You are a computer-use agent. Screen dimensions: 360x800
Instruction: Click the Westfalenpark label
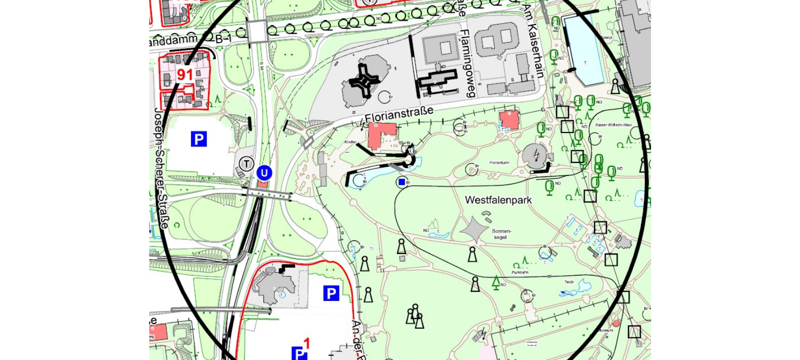tap(498, 200)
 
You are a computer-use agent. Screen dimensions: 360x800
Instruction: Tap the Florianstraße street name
tap(398, 114)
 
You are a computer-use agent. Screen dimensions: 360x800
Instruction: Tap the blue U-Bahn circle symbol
tap(264, 173)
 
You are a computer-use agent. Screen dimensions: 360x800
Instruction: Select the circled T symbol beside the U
tap(245, 163)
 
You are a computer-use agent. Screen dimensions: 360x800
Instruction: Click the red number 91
tap(185, 75)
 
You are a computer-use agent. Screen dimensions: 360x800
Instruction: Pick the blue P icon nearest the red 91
tap(198, 139)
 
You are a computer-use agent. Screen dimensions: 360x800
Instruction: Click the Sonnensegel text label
tap(501, 234)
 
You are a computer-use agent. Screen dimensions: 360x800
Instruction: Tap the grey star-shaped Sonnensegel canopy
tap(473, 229)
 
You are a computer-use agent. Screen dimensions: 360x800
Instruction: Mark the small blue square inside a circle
tap(401, 182)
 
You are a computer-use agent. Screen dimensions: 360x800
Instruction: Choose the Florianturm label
tap(499, 162)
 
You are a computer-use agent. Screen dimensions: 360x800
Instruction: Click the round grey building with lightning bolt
tap(535, 156)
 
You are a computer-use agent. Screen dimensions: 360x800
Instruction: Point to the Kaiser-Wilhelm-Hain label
tap(613, 125)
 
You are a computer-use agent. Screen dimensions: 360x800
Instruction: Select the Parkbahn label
tap(520, 272)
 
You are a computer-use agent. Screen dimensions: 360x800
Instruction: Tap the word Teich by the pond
tap(569, 282)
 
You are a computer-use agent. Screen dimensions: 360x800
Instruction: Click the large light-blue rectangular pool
tap(583, 50)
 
